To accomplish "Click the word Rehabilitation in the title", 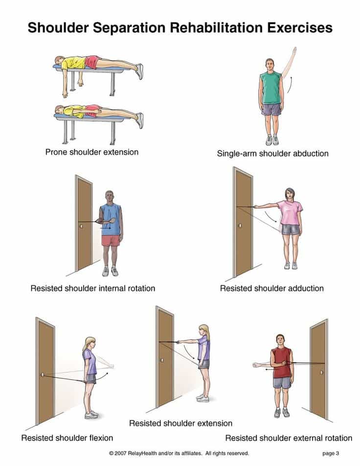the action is point(217,27).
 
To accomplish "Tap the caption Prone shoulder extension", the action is point(92,152).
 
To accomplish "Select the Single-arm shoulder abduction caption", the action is point(272,154).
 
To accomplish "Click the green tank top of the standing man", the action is point(270,87).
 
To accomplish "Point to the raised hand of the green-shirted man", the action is point(294,50).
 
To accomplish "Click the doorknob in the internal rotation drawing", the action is point(81,227).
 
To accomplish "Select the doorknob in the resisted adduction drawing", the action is point(240,225).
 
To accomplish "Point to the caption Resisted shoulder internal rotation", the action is point(93,288).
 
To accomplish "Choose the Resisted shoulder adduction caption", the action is point(272,288).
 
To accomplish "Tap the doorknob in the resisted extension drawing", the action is point(162,360).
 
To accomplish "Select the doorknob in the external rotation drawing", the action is point(321,373).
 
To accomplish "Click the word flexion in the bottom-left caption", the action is point(101,438).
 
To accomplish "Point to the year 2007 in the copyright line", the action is point(121,453).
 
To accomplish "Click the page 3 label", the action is point(331,453).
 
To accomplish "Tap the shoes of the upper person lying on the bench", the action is point(139,71).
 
